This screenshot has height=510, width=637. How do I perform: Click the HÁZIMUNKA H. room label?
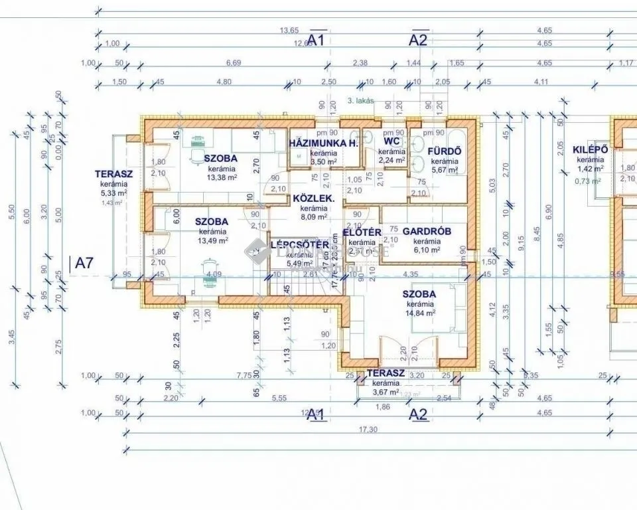[x=324, y=143]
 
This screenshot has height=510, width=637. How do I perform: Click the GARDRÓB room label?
[x=427, y=231]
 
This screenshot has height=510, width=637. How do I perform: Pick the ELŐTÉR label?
[x=362, y=232]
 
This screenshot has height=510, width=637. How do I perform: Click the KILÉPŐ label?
[x=590, y=149]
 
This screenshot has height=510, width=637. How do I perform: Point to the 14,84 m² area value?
[x=421, y=313]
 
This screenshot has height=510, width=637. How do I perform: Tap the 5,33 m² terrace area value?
[x=113, y=193]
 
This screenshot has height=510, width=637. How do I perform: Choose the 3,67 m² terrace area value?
[x=385, y=392]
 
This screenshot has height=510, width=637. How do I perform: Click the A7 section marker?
[x=84, y=263]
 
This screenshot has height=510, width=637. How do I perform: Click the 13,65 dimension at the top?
[x=289, y=31]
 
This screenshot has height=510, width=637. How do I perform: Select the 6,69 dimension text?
[x=232, y=63]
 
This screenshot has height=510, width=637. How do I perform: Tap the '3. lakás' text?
[x=360, y=102]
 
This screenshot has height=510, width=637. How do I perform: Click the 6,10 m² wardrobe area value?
[x=427, y=250]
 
